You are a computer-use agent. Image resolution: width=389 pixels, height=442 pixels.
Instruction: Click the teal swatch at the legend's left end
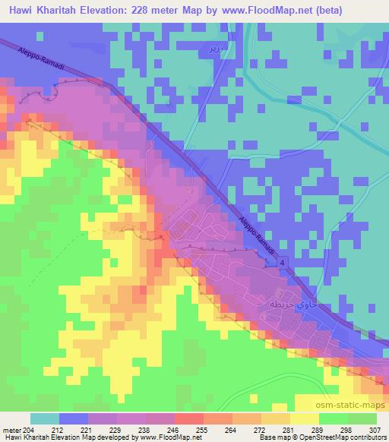tap(45, 418)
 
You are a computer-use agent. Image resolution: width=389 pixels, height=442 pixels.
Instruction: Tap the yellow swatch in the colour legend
tap(305, 418)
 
